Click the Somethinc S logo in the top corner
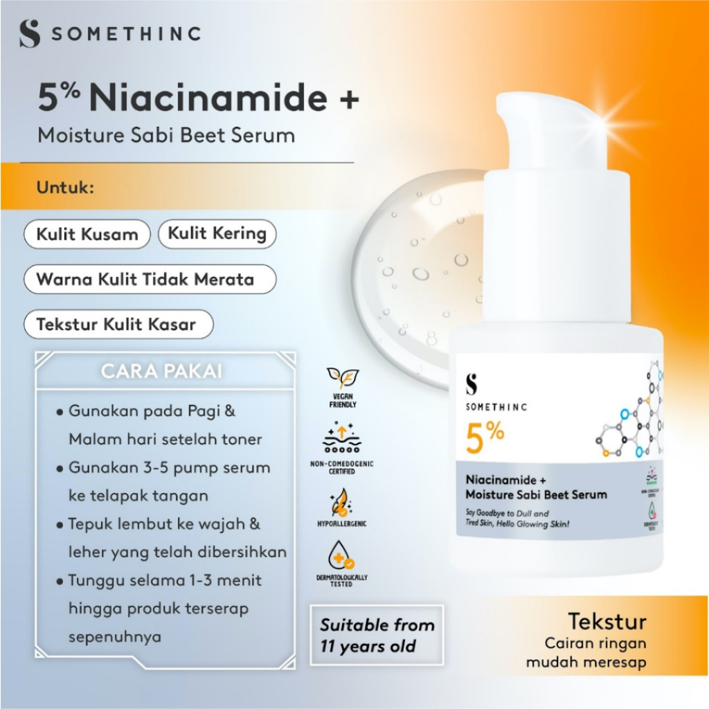[x=30, y=33]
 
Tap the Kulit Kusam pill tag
[x=87, y=234]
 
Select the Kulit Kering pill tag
[x=217, y=233]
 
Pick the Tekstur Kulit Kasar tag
[x=116, y=324]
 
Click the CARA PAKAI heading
[x=161, y=371]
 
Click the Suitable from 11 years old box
[x=377, y=636]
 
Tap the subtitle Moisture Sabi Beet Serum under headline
[x=166, y=134]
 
